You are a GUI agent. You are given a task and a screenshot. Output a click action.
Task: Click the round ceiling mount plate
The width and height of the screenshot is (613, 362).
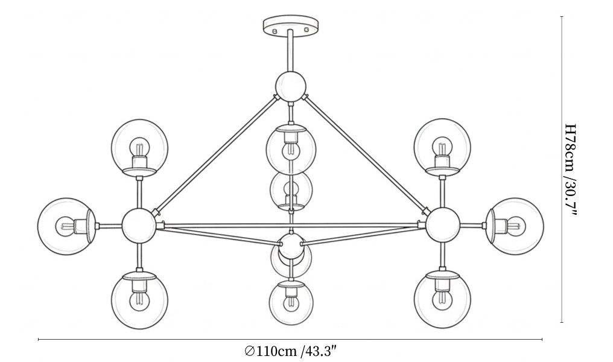click(x=290, y=25)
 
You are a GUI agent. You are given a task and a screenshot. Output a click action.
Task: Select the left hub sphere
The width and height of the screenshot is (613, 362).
click(x=139, y=226)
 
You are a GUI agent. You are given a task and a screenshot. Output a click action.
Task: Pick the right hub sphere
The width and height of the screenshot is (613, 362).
click(x=442, y=225)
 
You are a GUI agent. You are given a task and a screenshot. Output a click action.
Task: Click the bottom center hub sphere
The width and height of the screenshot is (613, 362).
click(x=291, y=246)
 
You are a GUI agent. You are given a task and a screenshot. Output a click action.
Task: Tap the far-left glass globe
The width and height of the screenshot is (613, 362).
click(x=67, y=226)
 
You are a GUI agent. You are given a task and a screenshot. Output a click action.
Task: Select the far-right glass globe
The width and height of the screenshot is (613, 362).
click(x=515, y=226)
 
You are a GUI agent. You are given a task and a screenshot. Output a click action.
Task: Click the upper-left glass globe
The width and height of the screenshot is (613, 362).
click(x=139, y=148)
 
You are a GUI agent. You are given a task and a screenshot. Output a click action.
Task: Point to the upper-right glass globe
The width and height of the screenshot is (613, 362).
click(x=442, y=147)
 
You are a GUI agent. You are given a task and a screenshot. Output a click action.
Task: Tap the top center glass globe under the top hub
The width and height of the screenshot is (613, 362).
click(x=291, y=149)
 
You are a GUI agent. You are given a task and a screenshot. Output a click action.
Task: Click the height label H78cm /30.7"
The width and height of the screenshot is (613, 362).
click(x=571, y=170)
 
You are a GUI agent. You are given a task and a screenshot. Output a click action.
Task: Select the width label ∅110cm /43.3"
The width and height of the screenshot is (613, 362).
click(x=290, y=351)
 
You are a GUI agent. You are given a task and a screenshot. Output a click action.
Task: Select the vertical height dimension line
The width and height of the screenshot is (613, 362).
click(x=562, y=170)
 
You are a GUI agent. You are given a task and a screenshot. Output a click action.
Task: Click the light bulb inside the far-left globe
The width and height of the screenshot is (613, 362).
click(x=65, y=226)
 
